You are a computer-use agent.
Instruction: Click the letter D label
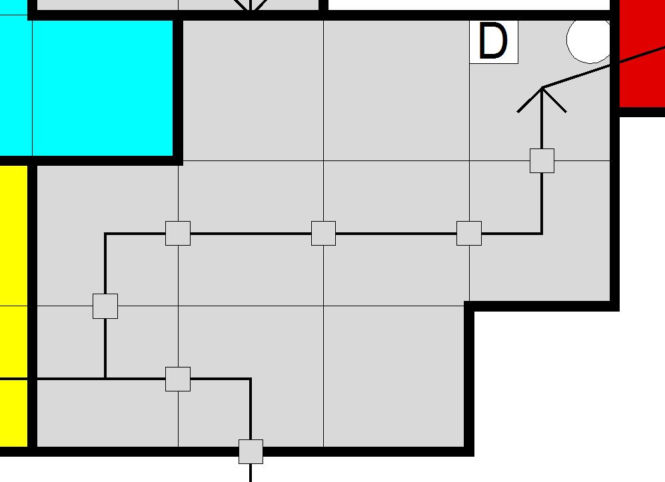pos(494,42)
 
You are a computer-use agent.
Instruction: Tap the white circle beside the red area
pos(590,39)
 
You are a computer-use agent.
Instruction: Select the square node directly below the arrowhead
pos(542,160)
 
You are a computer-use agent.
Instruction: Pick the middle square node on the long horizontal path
pos(323,234)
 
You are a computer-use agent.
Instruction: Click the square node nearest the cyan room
pos(178,234)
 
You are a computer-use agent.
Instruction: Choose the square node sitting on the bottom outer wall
pos(251,451)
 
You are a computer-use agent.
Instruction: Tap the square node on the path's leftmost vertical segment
pos(105,306)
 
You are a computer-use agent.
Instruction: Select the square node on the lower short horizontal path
pos(178,379)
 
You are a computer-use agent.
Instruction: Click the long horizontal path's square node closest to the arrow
pos(469,234)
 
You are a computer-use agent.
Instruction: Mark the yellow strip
pos(13,300)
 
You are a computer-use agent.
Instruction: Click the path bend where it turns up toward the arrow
pos(542,234)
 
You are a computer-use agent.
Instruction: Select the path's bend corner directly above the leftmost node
pos(105,234)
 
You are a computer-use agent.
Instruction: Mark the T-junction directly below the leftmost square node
pos(105,379)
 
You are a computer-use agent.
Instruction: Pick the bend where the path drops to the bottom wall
pos(251,379)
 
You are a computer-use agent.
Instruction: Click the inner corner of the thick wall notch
pos(469,306)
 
